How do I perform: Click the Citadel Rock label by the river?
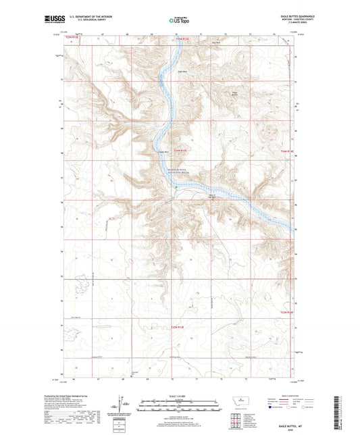click(x=163, y=152)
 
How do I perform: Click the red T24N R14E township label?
click(x=287, y=159)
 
